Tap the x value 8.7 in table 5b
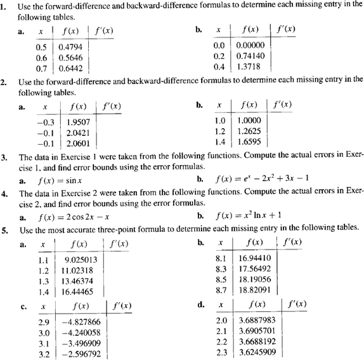(x=222, y=288)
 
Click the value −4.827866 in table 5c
(x=78, y=322)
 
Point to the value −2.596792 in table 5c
(x=78, y=352)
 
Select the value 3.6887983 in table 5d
(x=257, y=322)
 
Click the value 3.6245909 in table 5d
(x=257, y=352)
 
